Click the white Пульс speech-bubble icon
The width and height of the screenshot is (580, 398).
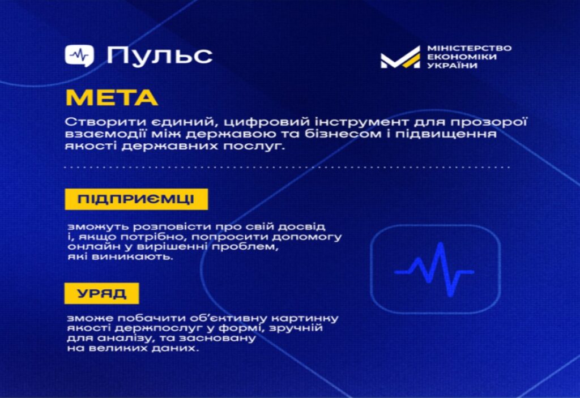[79, 55]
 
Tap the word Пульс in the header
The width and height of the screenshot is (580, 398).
[160, 55]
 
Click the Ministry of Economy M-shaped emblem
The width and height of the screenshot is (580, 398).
[400, 58]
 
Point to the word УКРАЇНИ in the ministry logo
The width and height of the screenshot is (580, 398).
[451, 66]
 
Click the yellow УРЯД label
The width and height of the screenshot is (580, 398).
[101, 293]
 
